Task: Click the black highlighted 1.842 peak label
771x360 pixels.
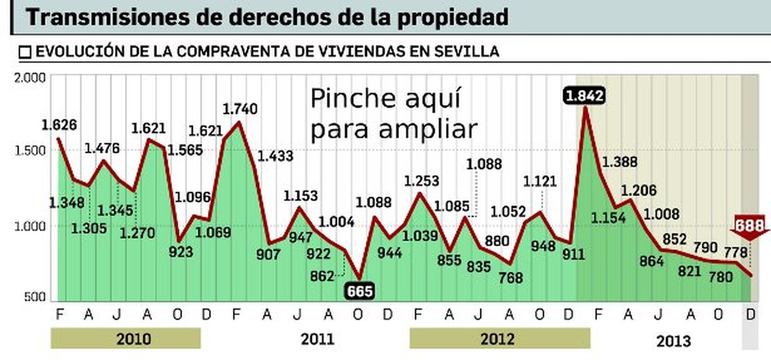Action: click(x=584, y=96)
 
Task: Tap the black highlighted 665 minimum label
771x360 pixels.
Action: click(x=360, y=291)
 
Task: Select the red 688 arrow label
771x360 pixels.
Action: click(x=749, y=226)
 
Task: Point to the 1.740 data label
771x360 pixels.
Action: click(x=239, y=109)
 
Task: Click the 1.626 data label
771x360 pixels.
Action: click(x=59, y=125)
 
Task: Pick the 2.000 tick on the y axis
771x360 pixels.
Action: click(x=30, y=78)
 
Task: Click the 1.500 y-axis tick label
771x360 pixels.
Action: click(x=30, y=150)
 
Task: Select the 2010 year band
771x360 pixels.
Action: click(x=125, y=339)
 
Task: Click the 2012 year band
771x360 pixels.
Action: click(x=499, y=339)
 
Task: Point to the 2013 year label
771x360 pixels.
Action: click(x=673, y=341)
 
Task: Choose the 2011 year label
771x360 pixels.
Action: click(x=318, y=339)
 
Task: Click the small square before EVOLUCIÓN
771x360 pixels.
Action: click(x=25, y=52)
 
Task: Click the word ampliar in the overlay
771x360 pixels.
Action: click(x=427, y=129)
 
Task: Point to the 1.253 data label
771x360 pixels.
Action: click(x=421, y=181)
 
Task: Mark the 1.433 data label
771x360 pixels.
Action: click(x=275, y=156)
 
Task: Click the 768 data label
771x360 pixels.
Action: click(x=511, y=278)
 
